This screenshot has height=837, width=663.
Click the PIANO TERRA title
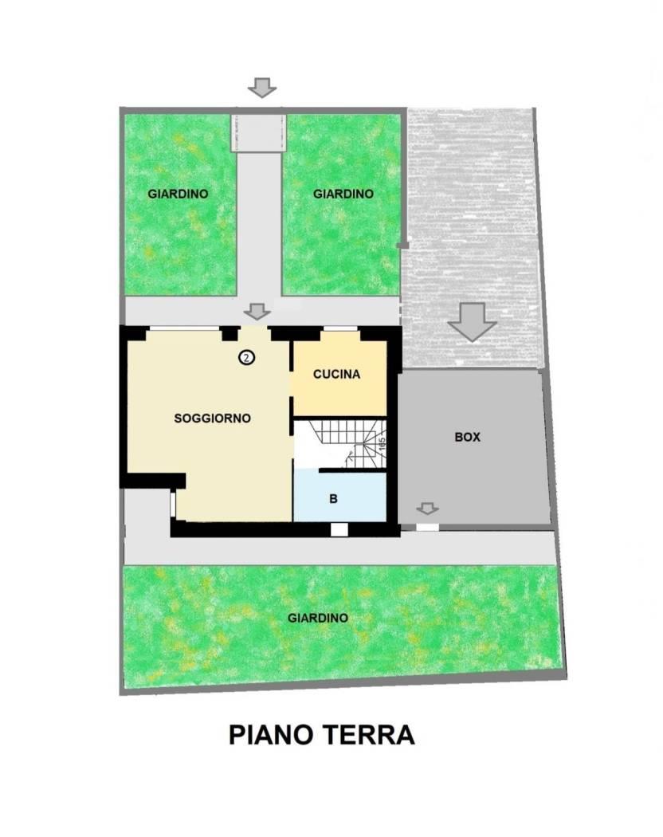tap(321, 735)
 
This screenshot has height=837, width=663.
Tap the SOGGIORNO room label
tap(213, 418)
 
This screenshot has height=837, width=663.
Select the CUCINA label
tap(336, 374)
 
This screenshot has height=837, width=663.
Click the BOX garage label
tap(467, 437)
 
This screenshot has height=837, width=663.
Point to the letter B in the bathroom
tap(334, 499)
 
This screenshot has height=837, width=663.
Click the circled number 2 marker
tap(246, 358)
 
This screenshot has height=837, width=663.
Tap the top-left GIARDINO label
tap(178, 194)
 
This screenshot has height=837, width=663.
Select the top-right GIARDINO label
tap(343, 194)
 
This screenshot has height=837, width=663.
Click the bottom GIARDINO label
tap(318, 618)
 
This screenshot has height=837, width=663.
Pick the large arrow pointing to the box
tap(472, 322)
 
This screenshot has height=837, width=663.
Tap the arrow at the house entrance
tap(257, 311)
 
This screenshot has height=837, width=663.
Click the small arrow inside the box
tap(427, 509)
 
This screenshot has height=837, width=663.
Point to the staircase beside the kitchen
tap(340, 444)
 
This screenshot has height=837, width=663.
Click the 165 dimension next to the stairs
tap(382, 445)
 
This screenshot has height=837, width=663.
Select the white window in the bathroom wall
tap(339, 529)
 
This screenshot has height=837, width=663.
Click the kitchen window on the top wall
tap(340, 328)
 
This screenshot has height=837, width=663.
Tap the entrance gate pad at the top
tap(259, 132)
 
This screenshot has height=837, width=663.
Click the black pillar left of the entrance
tap(230, 334)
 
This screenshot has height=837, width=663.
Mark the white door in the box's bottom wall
tap(428, 528)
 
